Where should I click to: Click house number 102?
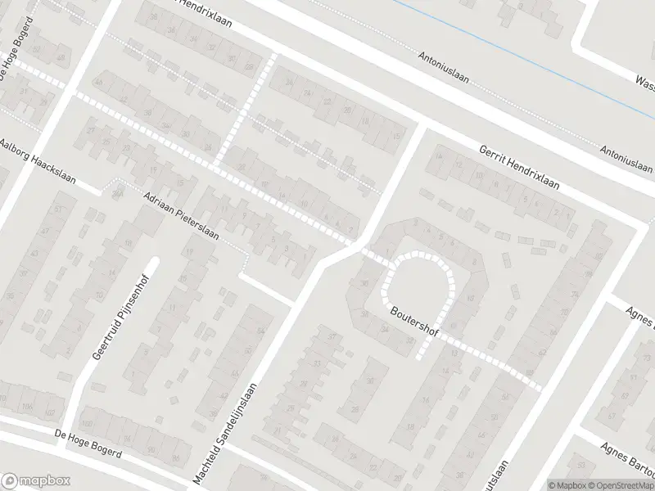coord(50,412)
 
